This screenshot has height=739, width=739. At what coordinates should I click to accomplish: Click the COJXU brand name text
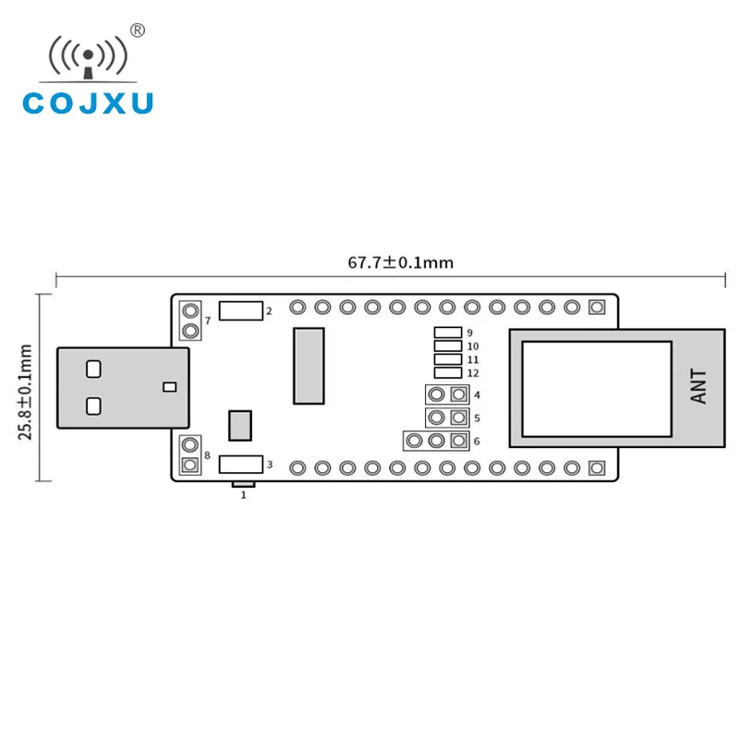tap(88, 103)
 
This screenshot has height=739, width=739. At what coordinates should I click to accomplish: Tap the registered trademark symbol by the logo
tap(139, 30)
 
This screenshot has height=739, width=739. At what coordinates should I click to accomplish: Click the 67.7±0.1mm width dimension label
tap(400, 262)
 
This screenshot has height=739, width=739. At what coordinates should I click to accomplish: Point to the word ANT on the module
tap(699, 386)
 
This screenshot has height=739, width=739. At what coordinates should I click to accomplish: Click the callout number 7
tap(208, 321)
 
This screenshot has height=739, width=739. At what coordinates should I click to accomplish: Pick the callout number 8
tap(208, 455)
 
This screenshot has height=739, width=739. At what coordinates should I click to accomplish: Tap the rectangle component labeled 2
tap(241, 310)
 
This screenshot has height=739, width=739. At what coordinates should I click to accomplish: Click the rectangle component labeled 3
tap(241, 465)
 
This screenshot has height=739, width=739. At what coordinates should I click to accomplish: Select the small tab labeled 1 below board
tap(244, 484)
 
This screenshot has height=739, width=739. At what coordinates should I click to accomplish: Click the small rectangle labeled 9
tap(448, 333)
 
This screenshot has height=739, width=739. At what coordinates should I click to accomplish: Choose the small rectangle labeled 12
tap(448, 372)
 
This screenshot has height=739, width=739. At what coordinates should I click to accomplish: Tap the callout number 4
tap(477, 395)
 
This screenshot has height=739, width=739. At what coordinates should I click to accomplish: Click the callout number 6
tap(477, 442)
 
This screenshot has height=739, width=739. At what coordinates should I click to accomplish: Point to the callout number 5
tap(477, 418)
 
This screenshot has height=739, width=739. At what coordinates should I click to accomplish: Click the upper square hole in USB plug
tap(92, 369)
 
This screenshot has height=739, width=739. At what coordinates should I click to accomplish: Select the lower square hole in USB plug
tap(92, 406)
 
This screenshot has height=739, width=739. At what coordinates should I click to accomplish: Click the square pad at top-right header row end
tap(597, 307)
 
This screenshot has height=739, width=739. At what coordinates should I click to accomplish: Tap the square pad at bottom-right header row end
tap(597, 467)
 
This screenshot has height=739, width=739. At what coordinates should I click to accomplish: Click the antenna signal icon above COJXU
tap(88, 57)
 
